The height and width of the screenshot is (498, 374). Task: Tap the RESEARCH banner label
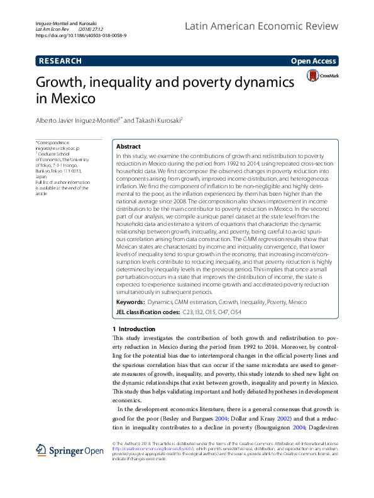60,61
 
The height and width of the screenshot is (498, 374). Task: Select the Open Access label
314,61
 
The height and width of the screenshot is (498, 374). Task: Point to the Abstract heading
129,145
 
